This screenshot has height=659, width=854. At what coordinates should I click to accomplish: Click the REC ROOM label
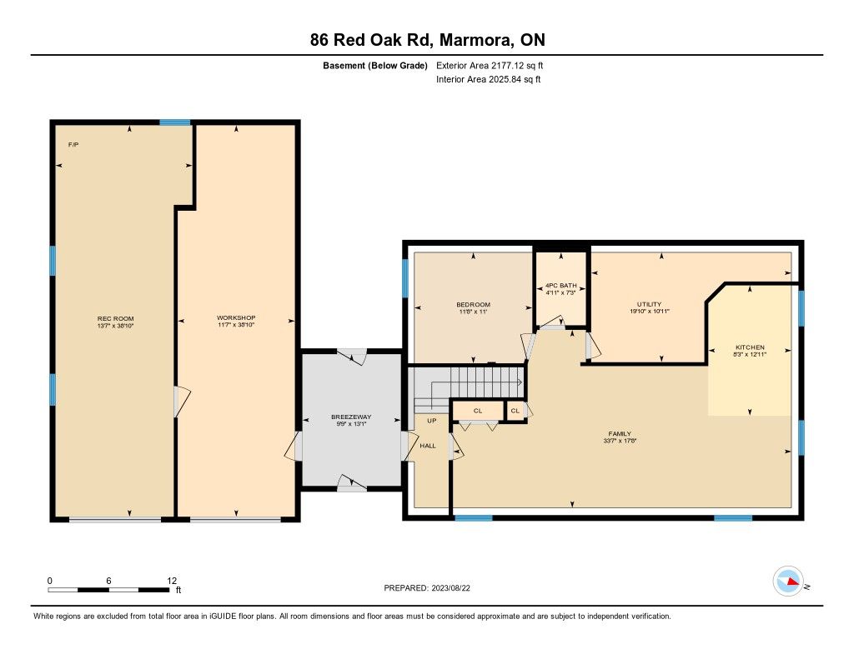tap(115, 319)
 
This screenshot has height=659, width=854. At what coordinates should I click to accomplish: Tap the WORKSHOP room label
tap(236, 317)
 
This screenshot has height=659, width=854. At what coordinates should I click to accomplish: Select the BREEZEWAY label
tap(351, 417)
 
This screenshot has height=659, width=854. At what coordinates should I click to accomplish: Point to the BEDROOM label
tap(474, 305)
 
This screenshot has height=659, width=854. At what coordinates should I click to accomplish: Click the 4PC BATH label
tap(561, 286)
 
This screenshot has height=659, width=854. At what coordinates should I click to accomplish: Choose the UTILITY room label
tap(649, 304)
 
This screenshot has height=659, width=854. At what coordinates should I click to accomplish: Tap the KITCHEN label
tap(750, 347)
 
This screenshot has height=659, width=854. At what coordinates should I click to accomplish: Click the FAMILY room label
tap(620, 434)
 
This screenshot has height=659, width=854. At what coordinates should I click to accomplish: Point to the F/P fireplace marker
tap(73, 145)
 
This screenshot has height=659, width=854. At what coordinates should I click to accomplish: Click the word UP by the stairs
tap(432, 421)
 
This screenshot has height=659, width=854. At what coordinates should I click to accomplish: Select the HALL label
tap(428, 446)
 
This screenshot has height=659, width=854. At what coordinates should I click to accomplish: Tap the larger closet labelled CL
tap(478, 411)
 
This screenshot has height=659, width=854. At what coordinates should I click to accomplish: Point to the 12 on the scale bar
tap(172, 581)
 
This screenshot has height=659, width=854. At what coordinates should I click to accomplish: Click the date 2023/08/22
tap(450, 588)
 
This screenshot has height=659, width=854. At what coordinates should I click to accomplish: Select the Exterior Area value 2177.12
tap(506, 66)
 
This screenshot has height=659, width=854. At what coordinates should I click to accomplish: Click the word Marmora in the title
tap(475, 40)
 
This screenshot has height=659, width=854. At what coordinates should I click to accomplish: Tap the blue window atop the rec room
tap(175, 122)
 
